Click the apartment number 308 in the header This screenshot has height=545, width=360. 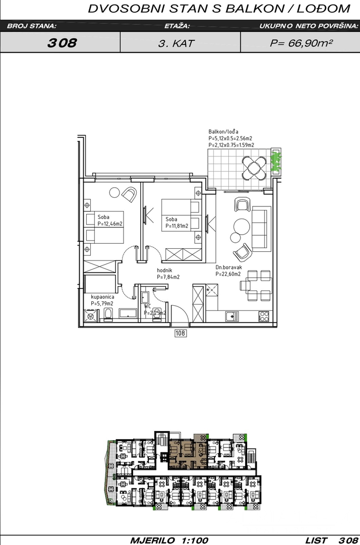[62, 43]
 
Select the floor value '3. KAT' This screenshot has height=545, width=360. [176, 43]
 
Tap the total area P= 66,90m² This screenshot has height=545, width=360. [302, 43]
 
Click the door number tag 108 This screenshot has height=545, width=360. [181, 334]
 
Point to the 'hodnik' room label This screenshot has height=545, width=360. [164, 270]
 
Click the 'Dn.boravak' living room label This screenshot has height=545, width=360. [229, 267]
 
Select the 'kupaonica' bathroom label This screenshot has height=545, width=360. [102, 297]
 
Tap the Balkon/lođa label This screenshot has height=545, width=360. [223, 132]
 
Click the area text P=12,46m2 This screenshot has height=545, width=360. [110, 224]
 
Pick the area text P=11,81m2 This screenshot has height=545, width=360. [177, 226]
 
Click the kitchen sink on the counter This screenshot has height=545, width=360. [232, 316]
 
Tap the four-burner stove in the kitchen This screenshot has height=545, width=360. [264, 316]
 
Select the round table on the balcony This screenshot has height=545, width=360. [255, 168]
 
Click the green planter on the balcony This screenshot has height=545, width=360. [276, 161]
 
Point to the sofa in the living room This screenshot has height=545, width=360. [261, 229]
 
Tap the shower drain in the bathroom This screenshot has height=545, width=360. [91, 316]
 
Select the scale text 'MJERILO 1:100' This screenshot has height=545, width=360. [169, 540]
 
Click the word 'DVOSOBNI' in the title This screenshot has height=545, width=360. [127, 9]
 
